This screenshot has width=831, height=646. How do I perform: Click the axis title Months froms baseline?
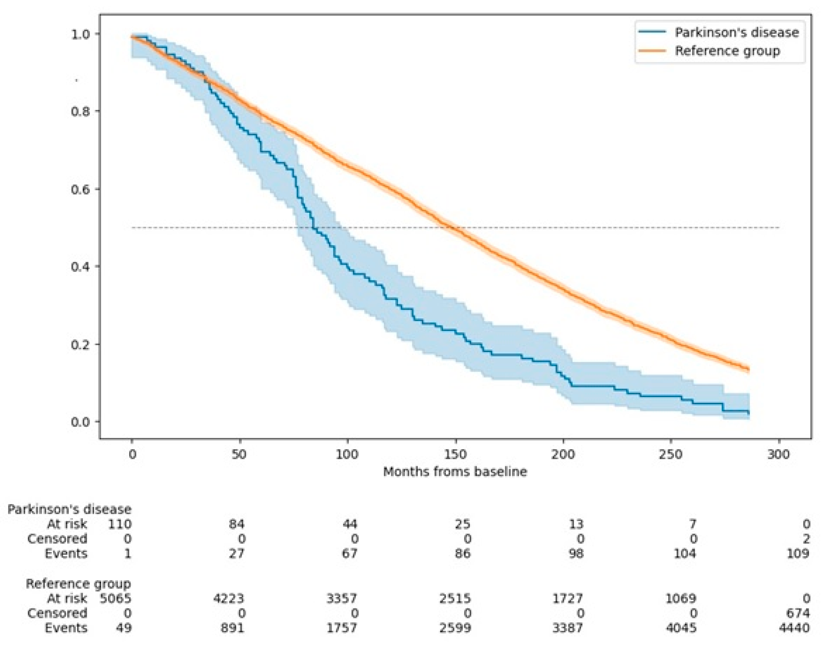(x=455, y=472)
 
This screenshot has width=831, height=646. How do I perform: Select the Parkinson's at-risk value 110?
(x=120, y=524)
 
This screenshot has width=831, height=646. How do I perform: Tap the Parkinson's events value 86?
(x=462, y=553)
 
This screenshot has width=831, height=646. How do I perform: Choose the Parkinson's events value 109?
(x=798, y=553)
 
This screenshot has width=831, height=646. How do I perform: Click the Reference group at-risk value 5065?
(x=116, y=598)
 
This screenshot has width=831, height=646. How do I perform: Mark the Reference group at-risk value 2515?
(x=456, y=598)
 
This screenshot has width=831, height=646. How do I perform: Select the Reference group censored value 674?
(x=798, y=613)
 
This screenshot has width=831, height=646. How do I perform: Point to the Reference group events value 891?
(x=232, y=628)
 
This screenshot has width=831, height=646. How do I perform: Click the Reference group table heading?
(x=78, y=584)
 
